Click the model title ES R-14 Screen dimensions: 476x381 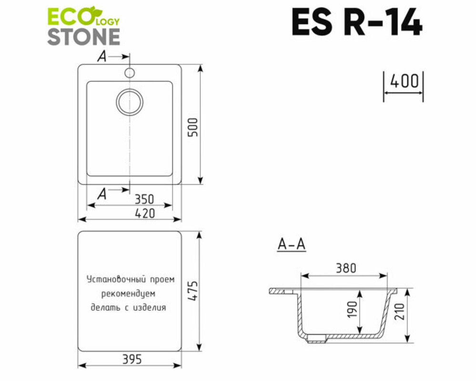coord(357,22)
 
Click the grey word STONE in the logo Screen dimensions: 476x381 coord(84,37)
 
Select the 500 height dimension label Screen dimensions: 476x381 coord(193,127)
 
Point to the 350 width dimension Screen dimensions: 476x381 coord(144,199)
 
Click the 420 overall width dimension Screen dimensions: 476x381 coord(145,213)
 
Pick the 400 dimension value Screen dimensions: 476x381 coord(404,81)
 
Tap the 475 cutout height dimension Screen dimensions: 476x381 coord(193,291)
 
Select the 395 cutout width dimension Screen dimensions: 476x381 coord(132,360)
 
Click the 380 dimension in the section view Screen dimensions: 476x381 coord(346,268)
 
